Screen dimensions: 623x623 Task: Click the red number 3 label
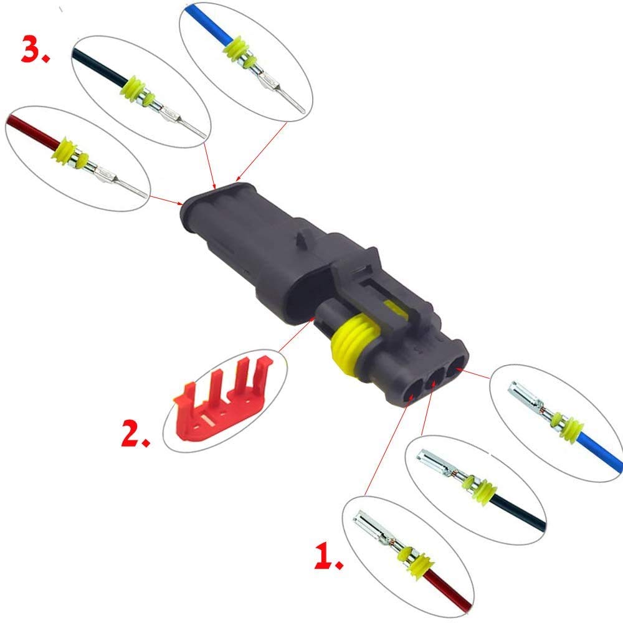click(36, 49)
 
